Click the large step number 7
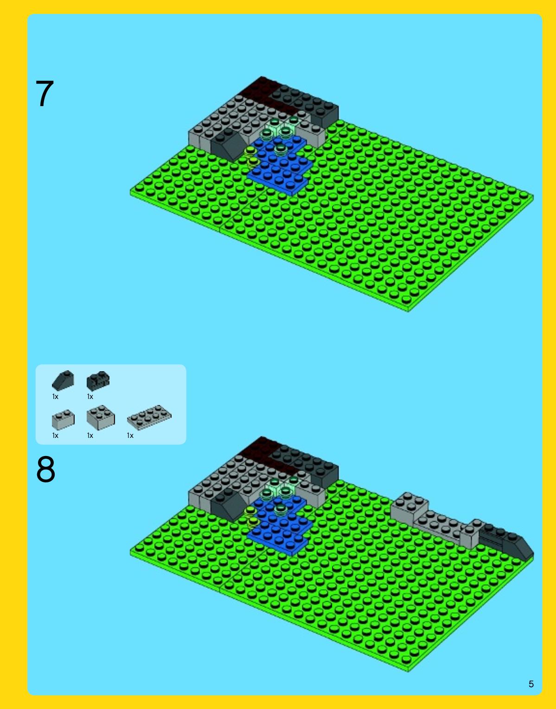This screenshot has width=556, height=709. coord(45,94)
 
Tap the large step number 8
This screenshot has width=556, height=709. coord(46,469)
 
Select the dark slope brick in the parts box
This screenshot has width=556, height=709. coord(63,380)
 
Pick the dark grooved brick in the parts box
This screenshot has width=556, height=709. coord(98,381)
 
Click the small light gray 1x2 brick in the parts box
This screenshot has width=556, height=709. coord(64,419)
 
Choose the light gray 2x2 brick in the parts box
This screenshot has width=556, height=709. coord(101,418)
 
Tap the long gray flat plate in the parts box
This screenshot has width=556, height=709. coord(149,418)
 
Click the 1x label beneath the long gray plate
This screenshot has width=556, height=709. coord(130,436)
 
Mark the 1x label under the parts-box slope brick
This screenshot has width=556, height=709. coord(55,396)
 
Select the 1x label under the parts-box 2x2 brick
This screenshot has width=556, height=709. coord(90,436)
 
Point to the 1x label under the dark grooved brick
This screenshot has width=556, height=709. coord(90,396)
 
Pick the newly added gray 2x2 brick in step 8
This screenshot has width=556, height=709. coord(409,507)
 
